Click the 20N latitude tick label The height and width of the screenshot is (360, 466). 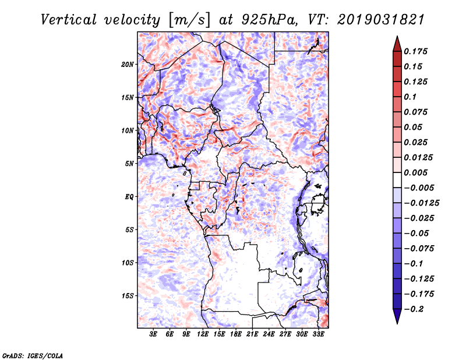click(128, 64)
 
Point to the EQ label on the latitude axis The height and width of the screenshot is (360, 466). click(129, 197)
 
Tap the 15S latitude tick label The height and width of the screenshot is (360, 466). click(128, 296)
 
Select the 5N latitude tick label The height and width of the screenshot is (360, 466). click(129, 164)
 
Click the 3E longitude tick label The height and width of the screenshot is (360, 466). click(153, 334)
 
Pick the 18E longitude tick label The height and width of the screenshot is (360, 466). click(236, 334)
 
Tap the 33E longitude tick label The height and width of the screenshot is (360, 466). click(318, 334)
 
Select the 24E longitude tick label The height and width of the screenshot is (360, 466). click(269, 334)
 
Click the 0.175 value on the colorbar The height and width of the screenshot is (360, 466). click(415, 51)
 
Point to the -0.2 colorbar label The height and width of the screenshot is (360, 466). click(414, 309)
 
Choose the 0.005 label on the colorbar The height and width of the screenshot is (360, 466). click(415, 172)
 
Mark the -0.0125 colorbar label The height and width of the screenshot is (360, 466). click(421, 203)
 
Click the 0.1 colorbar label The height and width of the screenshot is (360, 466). click(410, 97)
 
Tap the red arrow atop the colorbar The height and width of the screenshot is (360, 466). click(397, 44)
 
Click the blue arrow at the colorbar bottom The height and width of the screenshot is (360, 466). click(397, 316)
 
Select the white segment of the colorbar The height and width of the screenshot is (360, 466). click(397, 180)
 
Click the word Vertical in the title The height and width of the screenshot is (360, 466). click(68, 20)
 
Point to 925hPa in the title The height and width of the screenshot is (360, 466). click(269, 20)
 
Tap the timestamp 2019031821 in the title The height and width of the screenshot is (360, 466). click(380, 20)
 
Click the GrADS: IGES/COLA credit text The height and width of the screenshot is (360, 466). click(33, 356)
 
